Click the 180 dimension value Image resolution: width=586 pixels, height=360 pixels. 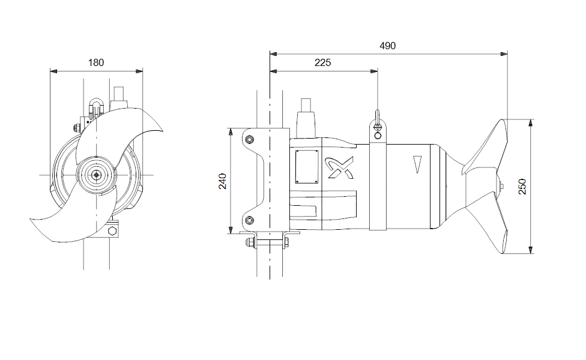[x=96, y=62]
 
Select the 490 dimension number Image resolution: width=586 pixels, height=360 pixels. [x=388, y=46]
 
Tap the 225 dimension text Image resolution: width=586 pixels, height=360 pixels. [x=322, y=62]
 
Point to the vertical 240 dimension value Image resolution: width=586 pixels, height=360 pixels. [x=223, y=181]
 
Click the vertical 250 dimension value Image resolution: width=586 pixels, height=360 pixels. [x=522, y=187]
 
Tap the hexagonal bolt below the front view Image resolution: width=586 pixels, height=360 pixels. [x=112, y=231]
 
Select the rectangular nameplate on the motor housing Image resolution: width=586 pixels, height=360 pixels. [x=307, y=167]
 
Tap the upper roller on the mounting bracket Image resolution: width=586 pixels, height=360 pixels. [x=250, y=140]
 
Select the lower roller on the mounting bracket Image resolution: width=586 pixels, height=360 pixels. [x=250, y=220]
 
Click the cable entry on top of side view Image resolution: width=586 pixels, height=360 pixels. [x=307, y=114]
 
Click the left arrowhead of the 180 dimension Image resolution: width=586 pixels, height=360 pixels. [x=53, y=71]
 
